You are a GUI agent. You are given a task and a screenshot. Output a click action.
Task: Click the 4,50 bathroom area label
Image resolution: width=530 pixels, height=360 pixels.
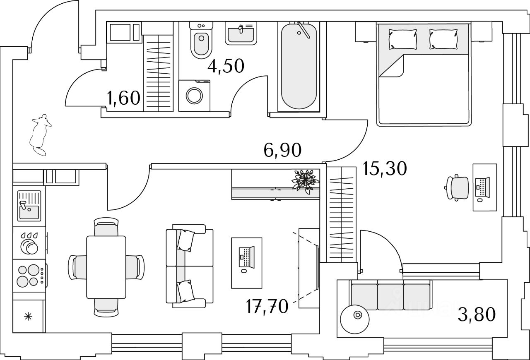click(x=226, y=66)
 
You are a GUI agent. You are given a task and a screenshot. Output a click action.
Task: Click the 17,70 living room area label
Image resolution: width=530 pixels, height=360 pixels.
click(x=266, y=308)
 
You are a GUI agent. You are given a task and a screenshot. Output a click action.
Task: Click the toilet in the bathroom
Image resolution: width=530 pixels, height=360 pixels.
click(x=201, y=41)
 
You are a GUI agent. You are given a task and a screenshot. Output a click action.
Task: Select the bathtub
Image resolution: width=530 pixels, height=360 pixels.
click(x=300, y=66)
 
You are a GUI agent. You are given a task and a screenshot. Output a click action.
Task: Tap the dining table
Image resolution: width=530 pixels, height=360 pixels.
click(x=106, y=266)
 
